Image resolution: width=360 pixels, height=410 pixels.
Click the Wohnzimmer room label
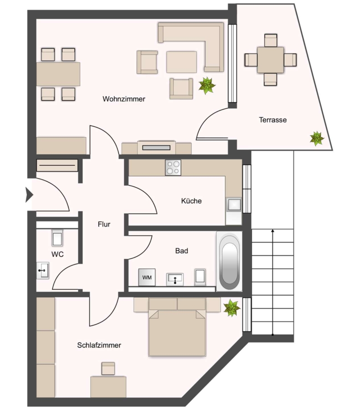pyautogui.click(x=124, y=99)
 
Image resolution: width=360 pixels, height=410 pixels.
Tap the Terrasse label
pyautogui.click(x=273, y=120)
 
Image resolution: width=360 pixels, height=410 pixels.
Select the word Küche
pyautogui.click(x=191, y=201)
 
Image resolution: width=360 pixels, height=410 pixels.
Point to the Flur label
pyautogui.click(x=104, y=224)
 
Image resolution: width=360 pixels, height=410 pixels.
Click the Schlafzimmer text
pyautogui.click(x=99, y=345)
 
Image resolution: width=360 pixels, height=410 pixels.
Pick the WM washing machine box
pyautogui.click(x=147, y=277)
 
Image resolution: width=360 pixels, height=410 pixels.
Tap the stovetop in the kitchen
pyautogui.click(x=173, y=168)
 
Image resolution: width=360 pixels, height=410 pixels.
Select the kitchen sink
pyautogui.click(x=233, y=205)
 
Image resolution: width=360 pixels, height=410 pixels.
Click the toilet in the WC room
pyautogui.click(x=57, y=238)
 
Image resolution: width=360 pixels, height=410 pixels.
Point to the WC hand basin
pyautogui.click(x=43, y=270)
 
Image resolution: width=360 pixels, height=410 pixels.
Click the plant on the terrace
pyautogui.click(x=317, y=138)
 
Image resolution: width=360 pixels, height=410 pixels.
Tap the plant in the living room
pyautogui.click(x=207, y=85)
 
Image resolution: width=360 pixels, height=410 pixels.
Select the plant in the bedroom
pyautogui.click(x=232, y=308)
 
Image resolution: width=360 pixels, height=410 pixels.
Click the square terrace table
pyautogui.click(x=270, y=60)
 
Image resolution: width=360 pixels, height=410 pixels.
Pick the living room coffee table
pyautogui.click(x=182, y=62)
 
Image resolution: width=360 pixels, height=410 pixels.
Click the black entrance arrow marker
pyautogui.click(x=29, y=195)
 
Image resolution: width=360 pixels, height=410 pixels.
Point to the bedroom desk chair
pyautogui.click(x=108, y=369)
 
